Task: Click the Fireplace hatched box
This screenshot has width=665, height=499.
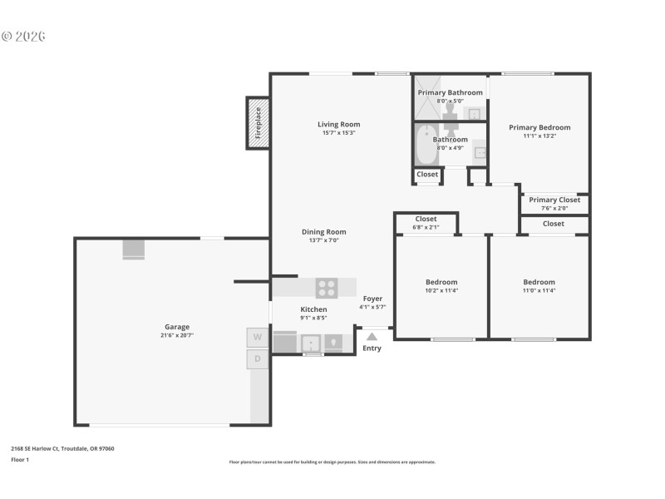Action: coord(258,123)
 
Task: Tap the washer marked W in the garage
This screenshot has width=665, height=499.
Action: coord(258,337)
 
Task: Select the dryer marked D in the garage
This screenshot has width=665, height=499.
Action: coord(258,359)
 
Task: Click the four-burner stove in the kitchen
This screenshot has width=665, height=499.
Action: coord(327,288)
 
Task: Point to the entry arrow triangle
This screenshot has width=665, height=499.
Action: coord(372,337)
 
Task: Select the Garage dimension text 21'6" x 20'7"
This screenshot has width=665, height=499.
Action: coord(177,335)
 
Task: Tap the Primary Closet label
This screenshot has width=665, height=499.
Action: coord(554,200)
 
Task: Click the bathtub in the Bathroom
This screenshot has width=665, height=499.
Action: coord(426,145)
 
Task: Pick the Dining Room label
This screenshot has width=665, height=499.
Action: coord(323,232)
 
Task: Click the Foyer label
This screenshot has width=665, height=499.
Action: coord(372,299)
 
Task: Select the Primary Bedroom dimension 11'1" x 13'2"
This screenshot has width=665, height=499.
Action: coord(539,136)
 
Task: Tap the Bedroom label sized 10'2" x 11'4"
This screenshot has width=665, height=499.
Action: coord(441,282)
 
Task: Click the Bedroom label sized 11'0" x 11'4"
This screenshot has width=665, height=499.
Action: coord(539,282)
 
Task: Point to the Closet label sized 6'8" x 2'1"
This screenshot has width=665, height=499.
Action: coord(426,219)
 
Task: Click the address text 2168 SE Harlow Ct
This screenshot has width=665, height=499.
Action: coord(62,448)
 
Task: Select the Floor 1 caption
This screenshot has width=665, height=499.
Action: coord(20,459)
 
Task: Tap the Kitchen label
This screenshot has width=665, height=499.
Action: coord(313,309)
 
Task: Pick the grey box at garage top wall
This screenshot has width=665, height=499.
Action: coord(133,249)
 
